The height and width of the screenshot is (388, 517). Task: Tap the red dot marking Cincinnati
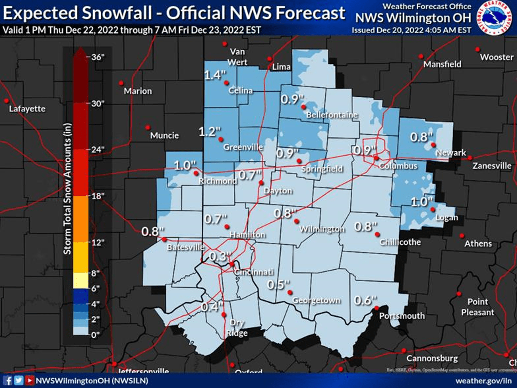pyautogui.click(x=232, y=264)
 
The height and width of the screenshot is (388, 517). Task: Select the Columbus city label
pyautogui.click(x=398, y=166)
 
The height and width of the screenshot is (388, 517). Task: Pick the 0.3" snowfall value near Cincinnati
pyautogui.click(x=221, y=256)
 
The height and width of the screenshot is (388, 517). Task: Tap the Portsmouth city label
pyautogui.click(x=402, y=316)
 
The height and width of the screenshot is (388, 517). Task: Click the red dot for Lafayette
pyautogui.click(x=6, y=100)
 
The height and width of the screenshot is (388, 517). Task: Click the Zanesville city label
pyautogui.click(x=492, y=166)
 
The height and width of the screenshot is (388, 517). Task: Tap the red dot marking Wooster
pyautogui.click(x=477, y=49)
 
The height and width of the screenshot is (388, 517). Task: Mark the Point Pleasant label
pyautogui.click(x=477, y=307)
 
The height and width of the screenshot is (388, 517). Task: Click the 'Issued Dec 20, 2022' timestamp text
pyautogui.click(x=411, y=30)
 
